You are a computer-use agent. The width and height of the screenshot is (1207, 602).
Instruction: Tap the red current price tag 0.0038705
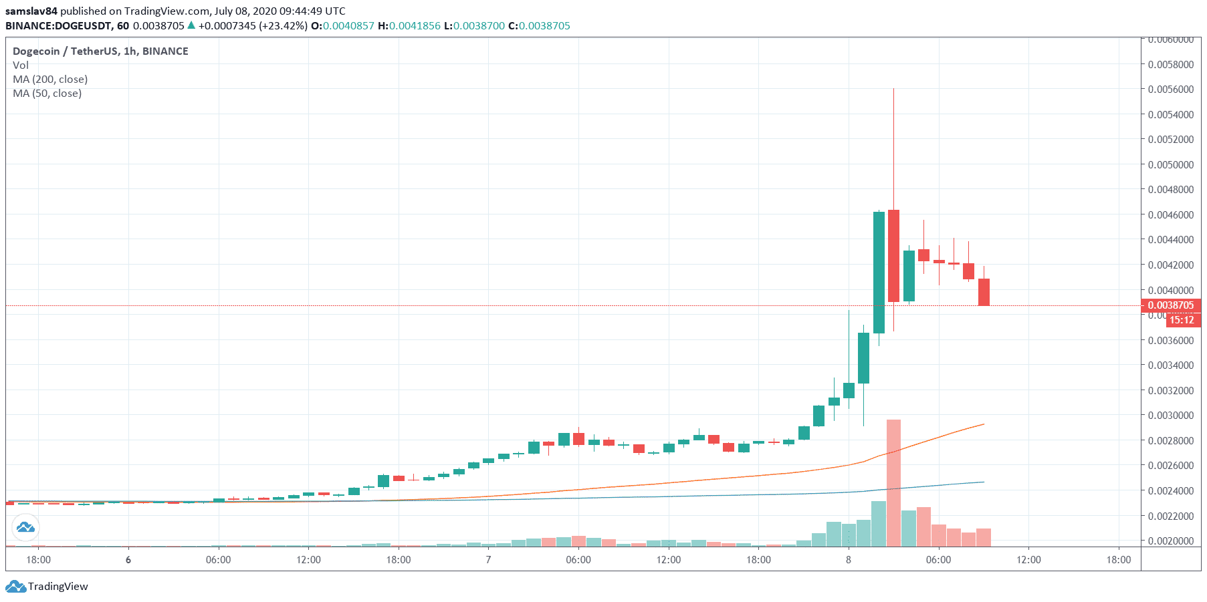click(x=1170, y=305)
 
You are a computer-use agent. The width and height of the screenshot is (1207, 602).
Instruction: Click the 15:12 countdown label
click(x=1182, y=320)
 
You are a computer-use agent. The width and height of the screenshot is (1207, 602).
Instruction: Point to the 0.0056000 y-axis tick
click(x=1170, y=89)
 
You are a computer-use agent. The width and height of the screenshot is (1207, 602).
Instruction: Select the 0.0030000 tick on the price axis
click(x=1170, y=415)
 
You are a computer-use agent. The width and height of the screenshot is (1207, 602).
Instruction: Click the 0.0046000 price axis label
click(x=1170, y=214)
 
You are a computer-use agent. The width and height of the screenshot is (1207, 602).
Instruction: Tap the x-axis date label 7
click(x=488, y=560)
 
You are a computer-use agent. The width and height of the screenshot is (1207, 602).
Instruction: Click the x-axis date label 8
click(x=849, y=560)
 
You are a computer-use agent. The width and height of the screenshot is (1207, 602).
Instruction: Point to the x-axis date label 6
click(x=128, y=560)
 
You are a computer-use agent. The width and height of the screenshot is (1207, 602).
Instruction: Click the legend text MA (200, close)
click(x=50, y=79)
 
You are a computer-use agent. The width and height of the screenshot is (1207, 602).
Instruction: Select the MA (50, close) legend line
click(x=47, y=93)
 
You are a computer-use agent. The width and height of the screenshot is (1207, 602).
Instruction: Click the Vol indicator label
click(x=21, y=65)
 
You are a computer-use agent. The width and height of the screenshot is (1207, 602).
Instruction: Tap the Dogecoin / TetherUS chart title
click(x=100, y=51)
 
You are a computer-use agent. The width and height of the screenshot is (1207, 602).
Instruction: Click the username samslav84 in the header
click(x=31, y=11)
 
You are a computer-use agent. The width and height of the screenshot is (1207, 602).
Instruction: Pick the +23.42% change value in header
click(x=284, y=25)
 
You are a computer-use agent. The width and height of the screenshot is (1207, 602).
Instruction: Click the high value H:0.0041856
click(x=409, y=25)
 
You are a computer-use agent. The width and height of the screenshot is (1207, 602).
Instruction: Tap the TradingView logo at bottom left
click(x=47, y=587)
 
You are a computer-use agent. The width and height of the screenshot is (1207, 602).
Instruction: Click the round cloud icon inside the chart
click(x=25, y=528)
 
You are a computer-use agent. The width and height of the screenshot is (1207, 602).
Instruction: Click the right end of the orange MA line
click(x=983, y=424)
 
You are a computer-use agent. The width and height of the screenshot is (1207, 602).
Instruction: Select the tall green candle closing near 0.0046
click(x=879, y=273)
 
